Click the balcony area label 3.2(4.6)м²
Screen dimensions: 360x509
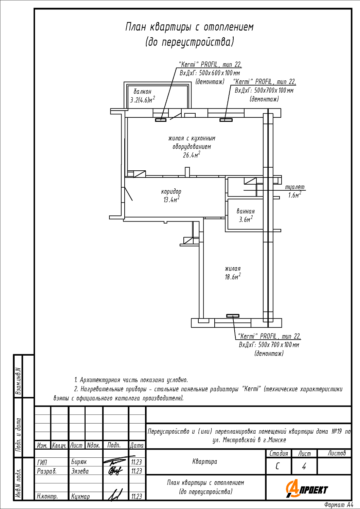[x=143, y=99]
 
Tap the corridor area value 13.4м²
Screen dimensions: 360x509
[x=171, y=200]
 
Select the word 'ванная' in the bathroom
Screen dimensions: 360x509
[x=246, y=211]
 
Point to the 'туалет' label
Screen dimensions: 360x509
[x=295, y=187]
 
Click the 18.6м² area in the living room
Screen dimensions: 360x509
[x=233, y=277]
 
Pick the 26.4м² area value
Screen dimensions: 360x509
[x=192, y=155]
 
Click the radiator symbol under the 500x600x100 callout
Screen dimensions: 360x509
[x=161, y=120]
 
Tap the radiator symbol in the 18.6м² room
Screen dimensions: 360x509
[x=233, y=316]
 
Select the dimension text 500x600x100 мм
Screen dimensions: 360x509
[x=219, y=73]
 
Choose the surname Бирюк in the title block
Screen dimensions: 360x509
[x=79, y=462]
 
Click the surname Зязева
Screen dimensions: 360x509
[x=80, y=471]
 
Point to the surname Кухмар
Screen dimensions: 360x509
[x=80, y=496]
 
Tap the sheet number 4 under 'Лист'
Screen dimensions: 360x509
[x=304, y=467]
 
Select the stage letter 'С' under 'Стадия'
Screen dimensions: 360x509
[x=277, y=467]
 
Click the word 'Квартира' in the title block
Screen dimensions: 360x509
[x=205, y=461]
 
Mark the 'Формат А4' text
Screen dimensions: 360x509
[x=339, y=505]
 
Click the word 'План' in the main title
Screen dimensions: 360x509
[x=135, y=27]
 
